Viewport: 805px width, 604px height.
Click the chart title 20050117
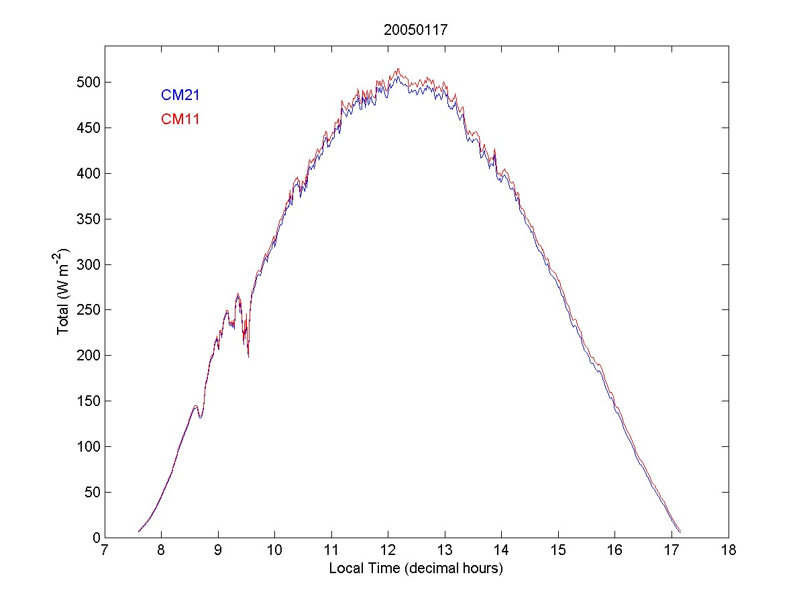click(415, 30)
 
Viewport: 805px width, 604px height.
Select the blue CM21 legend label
click(180, 95)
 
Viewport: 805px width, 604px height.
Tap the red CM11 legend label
click(180, 119)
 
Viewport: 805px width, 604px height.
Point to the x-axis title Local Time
click(415, 568)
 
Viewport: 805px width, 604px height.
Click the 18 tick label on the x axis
click(729, 551)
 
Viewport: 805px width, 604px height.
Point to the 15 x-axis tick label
click(558, 551)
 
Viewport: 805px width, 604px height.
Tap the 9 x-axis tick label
click(217, 551)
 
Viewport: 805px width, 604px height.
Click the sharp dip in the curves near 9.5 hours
click(248, 355)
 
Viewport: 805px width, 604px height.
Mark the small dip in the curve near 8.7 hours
click(200, 417)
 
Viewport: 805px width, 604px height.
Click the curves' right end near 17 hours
click(680, 531)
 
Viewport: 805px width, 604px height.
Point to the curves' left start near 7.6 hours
click(139, 532)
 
